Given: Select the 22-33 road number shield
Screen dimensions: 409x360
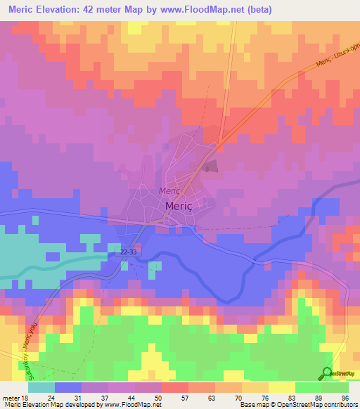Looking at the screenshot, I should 128,251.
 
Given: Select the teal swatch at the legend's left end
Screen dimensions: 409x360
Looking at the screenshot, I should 41,387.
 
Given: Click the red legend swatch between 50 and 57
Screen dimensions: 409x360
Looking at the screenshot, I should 174,387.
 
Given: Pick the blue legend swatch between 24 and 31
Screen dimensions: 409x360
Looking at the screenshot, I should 68,387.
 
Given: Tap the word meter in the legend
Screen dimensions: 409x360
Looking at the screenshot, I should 10,397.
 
